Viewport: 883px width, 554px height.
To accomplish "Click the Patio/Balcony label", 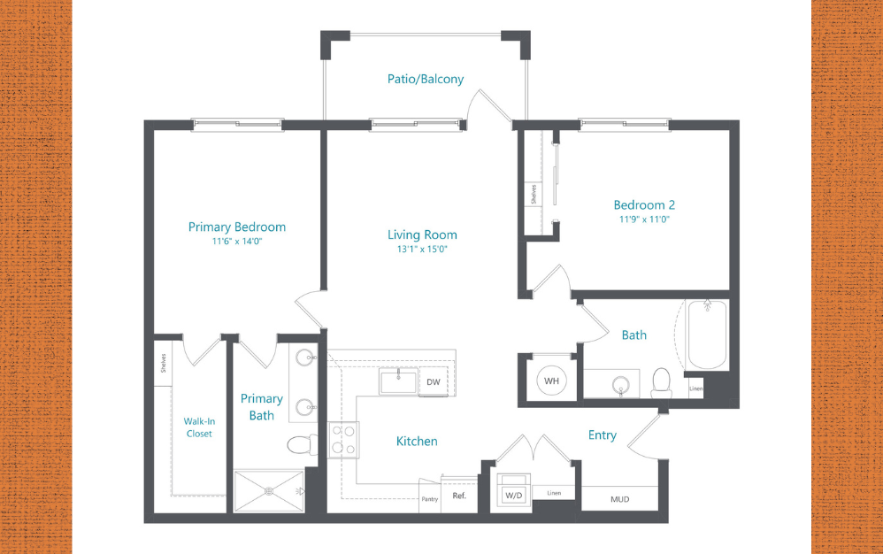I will click(425, 80).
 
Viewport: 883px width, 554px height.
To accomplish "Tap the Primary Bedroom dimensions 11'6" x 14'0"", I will click(237, 241).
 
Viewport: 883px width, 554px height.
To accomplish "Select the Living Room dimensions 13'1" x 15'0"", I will click(422, 249).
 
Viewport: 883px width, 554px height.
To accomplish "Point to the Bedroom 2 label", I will click(644, 204).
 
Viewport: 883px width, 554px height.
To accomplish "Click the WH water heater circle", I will click(552, 381).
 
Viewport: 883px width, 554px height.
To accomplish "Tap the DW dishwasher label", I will click(433, 382).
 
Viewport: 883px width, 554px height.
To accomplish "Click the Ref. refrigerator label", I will click(459, 497).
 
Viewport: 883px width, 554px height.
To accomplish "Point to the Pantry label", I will click(430, 499).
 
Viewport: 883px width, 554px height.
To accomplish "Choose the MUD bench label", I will click(619, 499).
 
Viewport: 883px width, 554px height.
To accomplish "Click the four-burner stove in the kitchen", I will click(344, 439).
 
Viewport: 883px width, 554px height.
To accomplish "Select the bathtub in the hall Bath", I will click(707, 335).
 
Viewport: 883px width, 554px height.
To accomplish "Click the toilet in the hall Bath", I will click(661, 381).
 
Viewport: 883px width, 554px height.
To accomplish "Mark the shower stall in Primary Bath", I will click(268, 490).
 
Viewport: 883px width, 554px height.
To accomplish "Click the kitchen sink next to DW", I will click(399, 381).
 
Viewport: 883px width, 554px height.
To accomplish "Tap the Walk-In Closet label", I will click(199, 427).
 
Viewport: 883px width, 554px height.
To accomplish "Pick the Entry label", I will click(603, 435).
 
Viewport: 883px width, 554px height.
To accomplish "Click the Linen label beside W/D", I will click(554, 493).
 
